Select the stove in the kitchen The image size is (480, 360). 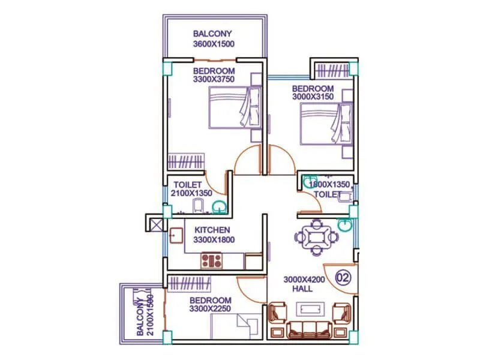[x=212, y=260]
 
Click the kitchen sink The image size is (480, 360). [x=176, y=235]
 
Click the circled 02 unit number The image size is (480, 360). [x=343, y=277]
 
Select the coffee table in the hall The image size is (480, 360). [x=312, y=309]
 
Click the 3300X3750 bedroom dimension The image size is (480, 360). [x=214, y=79]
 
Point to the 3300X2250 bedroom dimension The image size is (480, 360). [x=211, y=309]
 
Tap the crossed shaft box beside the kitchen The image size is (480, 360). [x=155, y=226]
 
